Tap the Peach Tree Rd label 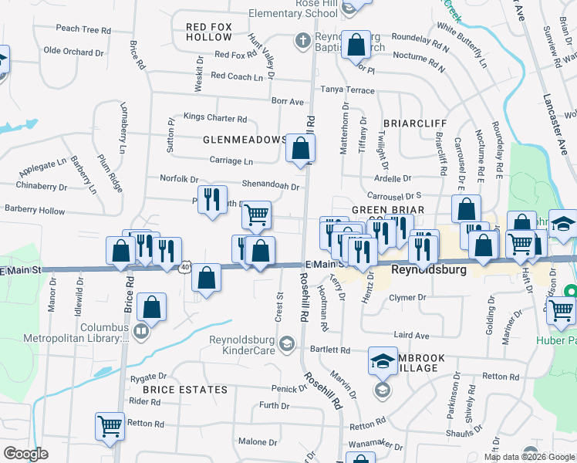pyautogui.click(x=83, y=29)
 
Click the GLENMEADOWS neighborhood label pyautogui.click(x=245, y=140)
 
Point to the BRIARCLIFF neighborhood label pyautogui.click(x=414, y=123)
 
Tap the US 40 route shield pyautogui.click(x=185, y=267)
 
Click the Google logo pyautogui.click(x=25, y=454)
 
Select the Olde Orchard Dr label pyautogui.click(x=73, y=52)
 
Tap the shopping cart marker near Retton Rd pyautogui.click(x=110, y=426)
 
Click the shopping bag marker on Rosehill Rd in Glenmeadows pyautogui.click(x=300, y=148)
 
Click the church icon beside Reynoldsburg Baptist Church pyautogui.click(x=303, y=39)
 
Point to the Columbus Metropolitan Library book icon pyautogui.click(x=140, y=333)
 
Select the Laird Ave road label pyautogui.click(x=410, y=336)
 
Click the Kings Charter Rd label pyautogui.click(x=214, y=119)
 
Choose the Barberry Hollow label pyautogui.click(x=35, y=210)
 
